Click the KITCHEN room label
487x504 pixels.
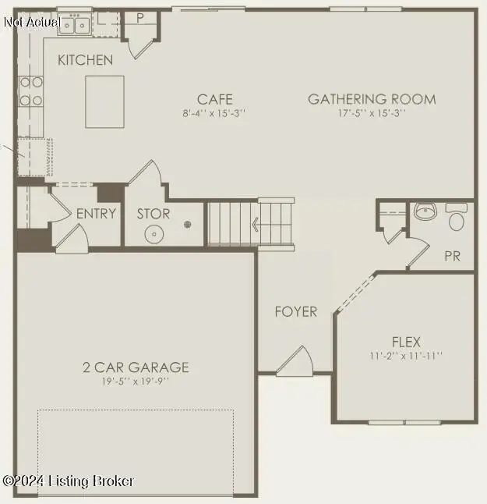click(x=85, y=59)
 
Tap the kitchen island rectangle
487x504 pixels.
click(x=108, y=101)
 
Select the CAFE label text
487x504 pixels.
click(x=214, y=99)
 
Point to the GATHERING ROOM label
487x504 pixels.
click(x=372, y=99)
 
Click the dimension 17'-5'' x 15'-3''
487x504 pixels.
click(x=372, y=113)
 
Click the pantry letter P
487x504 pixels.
click(x=141, y=17)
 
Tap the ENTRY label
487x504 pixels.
click(x=96, y=214)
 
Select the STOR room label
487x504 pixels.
click(x=154, y=214)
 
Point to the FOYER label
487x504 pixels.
click(x=296, y=312)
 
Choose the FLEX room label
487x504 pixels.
click(x=406, y=342)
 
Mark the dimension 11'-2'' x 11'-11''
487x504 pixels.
click(x=406, y=356)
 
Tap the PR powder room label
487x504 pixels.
click(x=452, y=256)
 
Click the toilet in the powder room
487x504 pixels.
click(x=457, y=218)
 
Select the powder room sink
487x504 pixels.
click(x=425, y=211)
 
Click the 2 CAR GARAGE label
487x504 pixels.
click(x=136, y=367)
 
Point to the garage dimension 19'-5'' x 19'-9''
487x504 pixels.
click(x=136, y=382)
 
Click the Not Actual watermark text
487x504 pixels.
click(x=31, y=22)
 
